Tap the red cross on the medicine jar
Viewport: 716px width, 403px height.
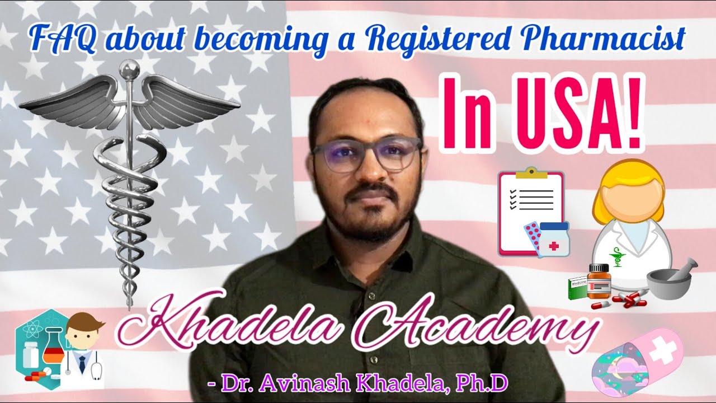(553, 245)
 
